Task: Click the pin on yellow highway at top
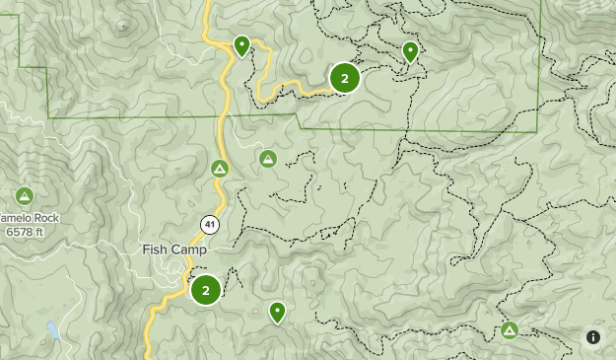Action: (x=241, y=45)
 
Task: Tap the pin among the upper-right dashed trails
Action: (x=410, y=51)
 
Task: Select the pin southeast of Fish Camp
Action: (x=278, y=312)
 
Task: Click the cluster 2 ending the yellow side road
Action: (x=344, y=78)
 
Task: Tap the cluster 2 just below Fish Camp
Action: (x=205, y=290)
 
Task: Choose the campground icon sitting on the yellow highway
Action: (x=220, y=169)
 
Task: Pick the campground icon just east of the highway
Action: (x=267, y=158)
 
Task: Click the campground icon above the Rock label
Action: (x=25, y=195)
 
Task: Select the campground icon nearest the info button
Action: (x=510, y=330)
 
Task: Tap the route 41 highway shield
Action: (x=209, y=224)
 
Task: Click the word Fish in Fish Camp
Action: (x=156, y=251)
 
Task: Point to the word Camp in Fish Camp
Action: (x=189, y=251)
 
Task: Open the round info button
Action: (x=593, y=336)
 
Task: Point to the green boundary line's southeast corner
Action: (x=537, y=131)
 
